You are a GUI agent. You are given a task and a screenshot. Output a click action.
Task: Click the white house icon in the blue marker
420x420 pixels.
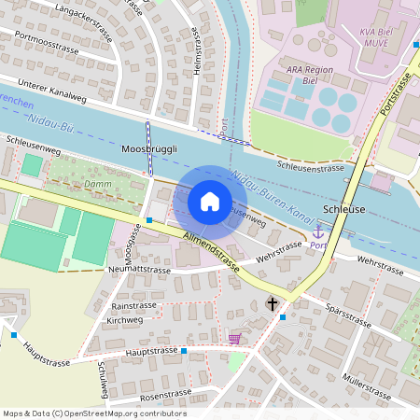[210, 202]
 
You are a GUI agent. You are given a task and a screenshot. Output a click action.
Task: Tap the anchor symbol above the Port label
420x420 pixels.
[318, 231]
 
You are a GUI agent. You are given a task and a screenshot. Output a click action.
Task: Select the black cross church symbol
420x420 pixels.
[273, 303]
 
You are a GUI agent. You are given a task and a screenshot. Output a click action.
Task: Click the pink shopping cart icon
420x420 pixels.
[233, 338]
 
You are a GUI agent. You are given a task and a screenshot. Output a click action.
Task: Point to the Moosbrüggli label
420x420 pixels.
[148, 149]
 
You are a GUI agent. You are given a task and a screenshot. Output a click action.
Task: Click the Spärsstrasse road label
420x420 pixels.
[347, 314]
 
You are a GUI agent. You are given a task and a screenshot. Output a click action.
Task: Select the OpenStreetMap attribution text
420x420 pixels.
[93, 413]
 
